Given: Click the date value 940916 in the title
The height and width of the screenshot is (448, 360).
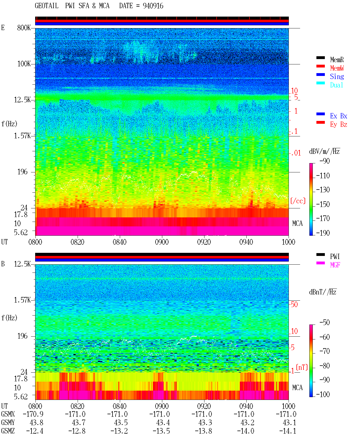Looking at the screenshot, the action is (153, 6).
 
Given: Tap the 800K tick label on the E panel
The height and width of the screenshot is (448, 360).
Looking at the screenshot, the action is (24, 28).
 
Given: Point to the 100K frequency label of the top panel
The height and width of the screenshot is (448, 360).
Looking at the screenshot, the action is (24, 64).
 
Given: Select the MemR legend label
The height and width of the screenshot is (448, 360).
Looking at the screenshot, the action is (337, 60).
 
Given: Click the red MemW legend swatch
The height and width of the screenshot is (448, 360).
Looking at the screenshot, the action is (320, 66).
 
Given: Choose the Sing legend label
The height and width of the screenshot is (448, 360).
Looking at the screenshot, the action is (337, 76).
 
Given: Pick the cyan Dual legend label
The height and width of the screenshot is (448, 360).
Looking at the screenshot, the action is (336, 85).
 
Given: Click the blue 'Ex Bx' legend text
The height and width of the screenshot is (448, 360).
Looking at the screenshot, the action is (339, 116).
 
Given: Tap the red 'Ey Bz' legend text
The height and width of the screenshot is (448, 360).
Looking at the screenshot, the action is (339, 125).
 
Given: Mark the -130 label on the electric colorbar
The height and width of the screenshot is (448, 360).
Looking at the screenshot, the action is (323, 190).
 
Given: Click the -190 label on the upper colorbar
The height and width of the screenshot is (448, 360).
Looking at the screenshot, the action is (323, 233).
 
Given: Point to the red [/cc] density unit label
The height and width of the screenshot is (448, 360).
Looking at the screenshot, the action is (298, 201).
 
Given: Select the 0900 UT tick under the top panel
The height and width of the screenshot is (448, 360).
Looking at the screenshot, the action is (162, 242).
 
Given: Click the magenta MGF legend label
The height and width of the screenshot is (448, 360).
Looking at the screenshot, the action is (335, 265).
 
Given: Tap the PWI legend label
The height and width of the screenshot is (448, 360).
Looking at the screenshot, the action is (335, 256).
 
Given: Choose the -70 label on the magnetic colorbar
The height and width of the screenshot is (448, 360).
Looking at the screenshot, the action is (325, 351).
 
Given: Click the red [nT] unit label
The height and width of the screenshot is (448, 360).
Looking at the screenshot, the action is (302, 367).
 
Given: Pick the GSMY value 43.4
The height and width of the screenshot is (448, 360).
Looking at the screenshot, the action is (163, 423).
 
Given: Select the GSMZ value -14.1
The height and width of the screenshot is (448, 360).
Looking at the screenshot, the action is (288, 431).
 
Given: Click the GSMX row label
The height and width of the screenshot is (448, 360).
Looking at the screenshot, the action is (8, 414).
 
